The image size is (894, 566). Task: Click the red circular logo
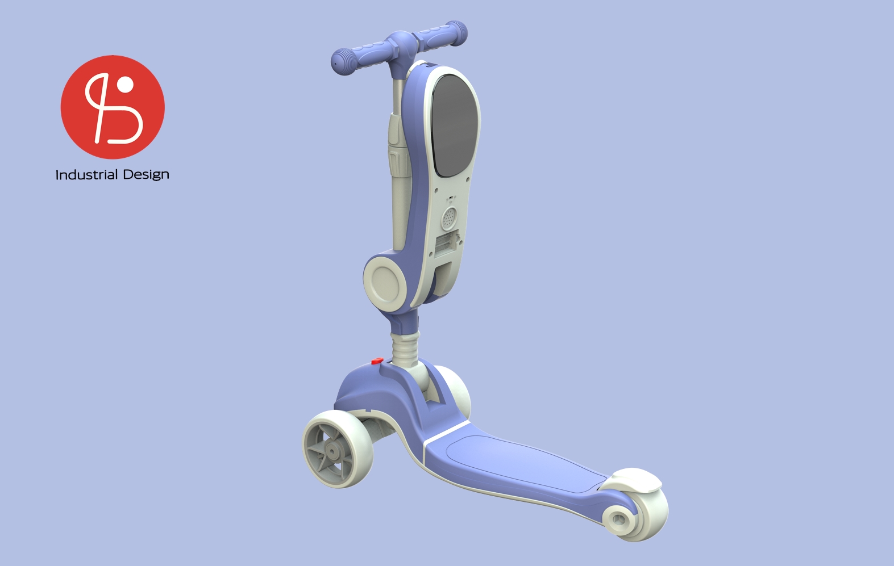pos(113,107)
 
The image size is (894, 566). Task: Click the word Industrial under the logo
pos(86,174)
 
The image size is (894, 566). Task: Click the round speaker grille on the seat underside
pos(449,216)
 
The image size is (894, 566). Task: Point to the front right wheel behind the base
pos(458,392)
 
